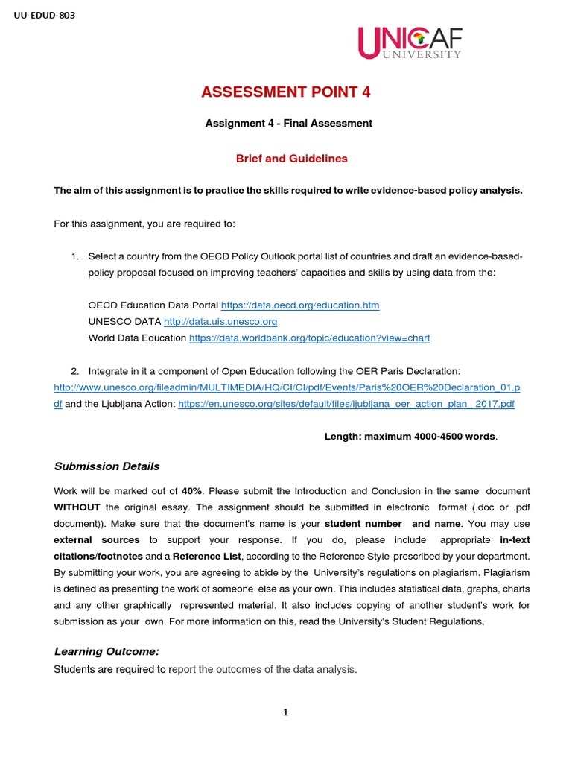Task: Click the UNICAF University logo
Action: click(409, 42)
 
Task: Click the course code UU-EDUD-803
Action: click(45, 15)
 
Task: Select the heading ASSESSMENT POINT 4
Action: click(285, 92)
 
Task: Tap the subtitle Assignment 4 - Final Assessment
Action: click(288, 124)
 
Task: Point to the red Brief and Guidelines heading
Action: click(281, 159)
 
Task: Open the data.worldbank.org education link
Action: click(309, 338)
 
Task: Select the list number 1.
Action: click(74, 256)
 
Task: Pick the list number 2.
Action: click(74, 371)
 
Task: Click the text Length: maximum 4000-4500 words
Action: click(410, 437)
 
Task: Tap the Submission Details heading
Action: click(107, 466)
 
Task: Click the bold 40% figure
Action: click(191, 491)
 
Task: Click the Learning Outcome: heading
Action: click(107, 651)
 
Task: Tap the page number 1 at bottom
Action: click(285, 712)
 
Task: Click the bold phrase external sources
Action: click(96, 539)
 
